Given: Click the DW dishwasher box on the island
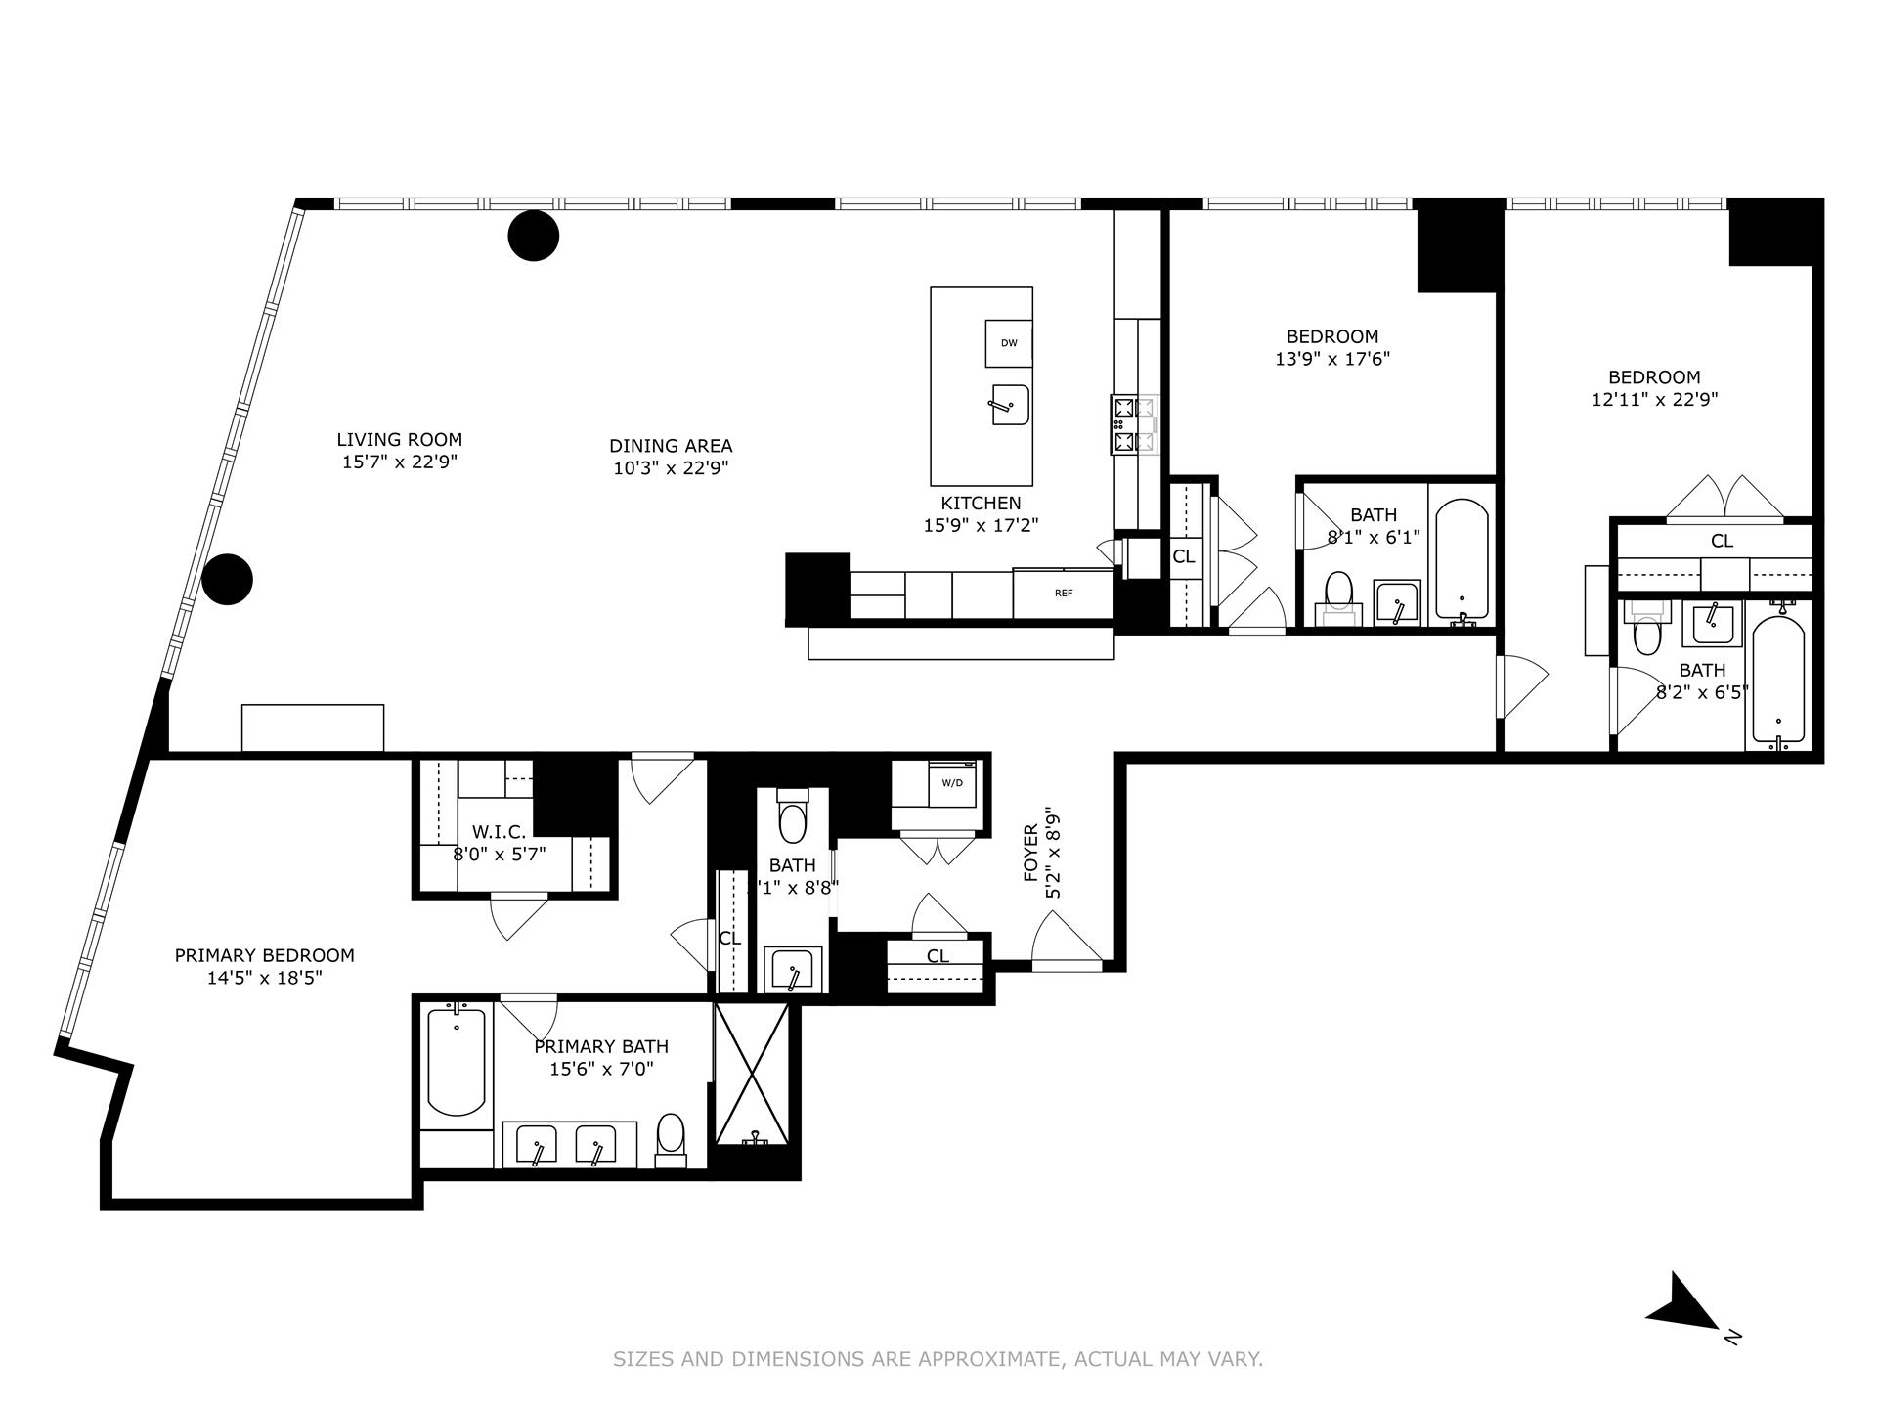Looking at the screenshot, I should pyautogui.click(x=1009, y=343).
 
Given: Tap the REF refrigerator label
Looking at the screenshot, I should pyautogui.click(x=1063, y=593).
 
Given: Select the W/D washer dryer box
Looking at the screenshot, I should pyautogui.click(x=951, y=783).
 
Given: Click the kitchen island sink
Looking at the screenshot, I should pyautogui.click(x=1010, y=404).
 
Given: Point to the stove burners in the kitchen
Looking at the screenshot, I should pyautogui.click(x=1133, y=424).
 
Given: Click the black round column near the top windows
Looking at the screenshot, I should pyautogui.click(x=534, y=236).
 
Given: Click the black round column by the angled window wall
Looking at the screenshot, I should pyautogui.click(x=227, y=579).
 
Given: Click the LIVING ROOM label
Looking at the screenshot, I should pyautogui.click(x=399, y=440).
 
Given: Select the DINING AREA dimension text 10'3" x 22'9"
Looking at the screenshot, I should pyautogui.click(x=670, y=468).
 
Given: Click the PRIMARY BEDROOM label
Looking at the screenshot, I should pyautogui.click(x=264, y=955).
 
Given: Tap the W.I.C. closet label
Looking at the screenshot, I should pyautogui.click(x=499, y=832).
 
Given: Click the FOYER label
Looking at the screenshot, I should pyautogui.click(x=1030, y=852).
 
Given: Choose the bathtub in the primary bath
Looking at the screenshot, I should pyautogui.click(x=457, y=1063).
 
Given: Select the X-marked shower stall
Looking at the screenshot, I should pyautogui.click(x=752, y=1074).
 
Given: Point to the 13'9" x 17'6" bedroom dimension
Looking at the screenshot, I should pyautogui.click(x=1331, y=359).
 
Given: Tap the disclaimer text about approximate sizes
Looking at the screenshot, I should pyautogui.click(x=938, y=1359).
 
